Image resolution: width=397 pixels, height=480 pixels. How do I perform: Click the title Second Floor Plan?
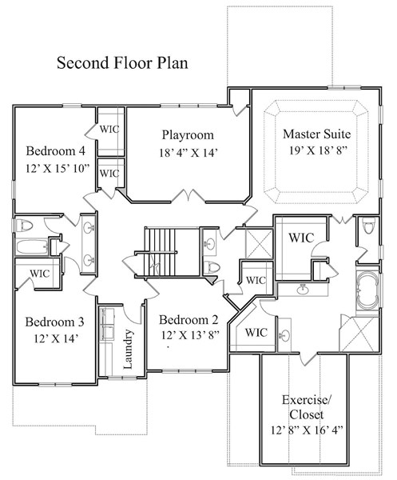click(x=121, y=62)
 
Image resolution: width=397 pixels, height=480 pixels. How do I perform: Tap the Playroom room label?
click(x=188, y=134)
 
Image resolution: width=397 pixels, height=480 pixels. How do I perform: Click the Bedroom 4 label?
click(x=55, y=151)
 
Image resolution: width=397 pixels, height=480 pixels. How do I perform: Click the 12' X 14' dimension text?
click(x=54, y=339)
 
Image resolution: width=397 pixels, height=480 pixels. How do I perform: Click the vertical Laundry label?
click(x=128, y=349)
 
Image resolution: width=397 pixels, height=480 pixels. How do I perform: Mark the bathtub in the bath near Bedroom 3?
click(x=30, y=247)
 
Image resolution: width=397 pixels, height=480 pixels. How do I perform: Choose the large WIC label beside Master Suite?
click(x=300, y=238)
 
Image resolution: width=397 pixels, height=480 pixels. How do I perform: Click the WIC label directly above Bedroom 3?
click(x=40, y=273)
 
